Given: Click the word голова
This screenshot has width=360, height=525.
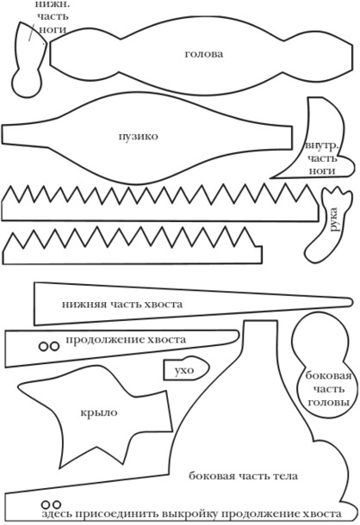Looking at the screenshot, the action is click(204, 54).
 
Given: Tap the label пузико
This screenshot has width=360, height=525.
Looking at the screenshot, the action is click(138, 137).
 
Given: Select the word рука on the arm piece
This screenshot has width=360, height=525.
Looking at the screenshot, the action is click(334, 219).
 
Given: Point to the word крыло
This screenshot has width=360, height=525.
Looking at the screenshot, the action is click(99, 412).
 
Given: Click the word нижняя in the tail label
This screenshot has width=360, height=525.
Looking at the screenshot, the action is click(84, 305).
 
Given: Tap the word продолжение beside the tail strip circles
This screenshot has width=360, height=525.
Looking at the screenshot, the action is click(104, 340).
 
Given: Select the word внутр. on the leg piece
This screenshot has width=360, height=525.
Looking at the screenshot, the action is click(322, 146).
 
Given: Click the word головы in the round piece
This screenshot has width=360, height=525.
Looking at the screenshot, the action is click(328, 402).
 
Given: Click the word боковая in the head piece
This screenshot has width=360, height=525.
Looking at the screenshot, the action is click(328, 375).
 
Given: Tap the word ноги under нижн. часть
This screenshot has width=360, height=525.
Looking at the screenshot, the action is click(53, 29).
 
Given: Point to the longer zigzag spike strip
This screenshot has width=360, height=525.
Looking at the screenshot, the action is click(160, 202).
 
